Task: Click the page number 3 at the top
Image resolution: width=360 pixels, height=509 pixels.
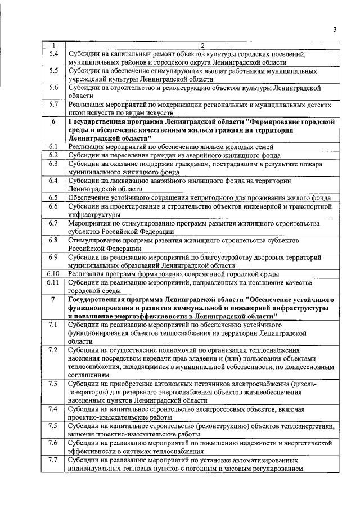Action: (x=334, y=30)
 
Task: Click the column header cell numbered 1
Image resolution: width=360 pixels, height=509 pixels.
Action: (x=53, y=46)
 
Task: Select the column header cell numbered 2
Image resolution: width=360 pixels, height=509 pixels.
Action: (x=202, y=46)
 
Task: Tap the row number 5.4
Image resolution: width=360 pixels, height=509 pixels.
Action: (x=53, y=54)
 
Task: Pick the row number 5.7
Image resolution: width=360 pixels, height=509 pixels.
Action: (x=53, y=104)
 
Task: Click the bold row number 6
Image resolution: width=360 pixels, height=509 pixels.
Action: (x=53, y=121)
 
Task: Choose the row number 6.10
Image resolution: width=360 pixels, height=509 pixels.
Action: (x=53, y=273)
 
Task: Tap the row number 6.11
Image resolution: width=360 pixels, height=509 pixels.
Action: (x=53, y=282)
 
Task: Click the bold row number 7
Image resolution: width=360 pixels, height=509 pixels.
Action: (x=53, y=299)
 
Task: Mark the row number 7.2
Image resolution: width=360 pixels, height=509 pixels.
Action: (x=53, y=350)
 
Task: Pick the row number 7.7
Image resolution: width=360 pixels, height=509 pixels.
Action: (x=53, y=460)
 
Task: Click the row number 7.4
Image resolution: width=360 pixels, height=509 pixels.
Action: (x=53, y=409)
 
